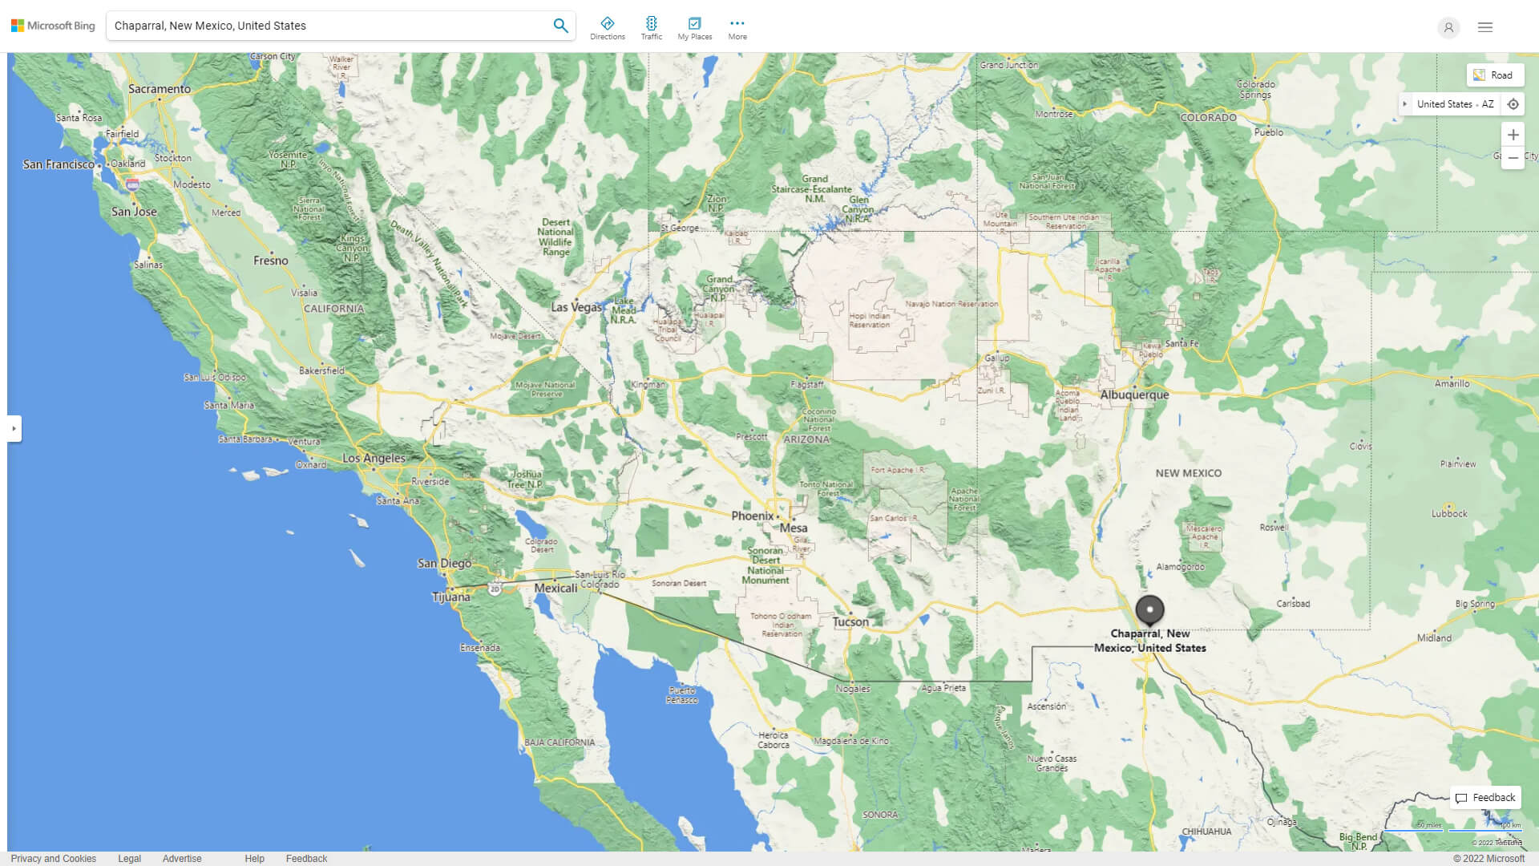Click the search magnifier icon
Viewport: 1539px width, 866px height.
(560, 26)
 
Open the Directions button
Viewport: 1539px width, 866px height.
(607, 28)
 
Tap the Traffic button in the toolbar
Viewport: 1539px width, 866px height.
(651, 28)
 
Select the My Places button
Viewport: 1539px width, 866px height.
(694, 28)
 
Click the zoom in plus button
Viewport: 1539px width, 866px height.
(1513, 135)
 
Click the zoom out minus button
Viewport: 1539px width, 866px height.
(1513, 158)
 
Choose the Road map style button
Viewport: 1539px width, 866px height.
(1494, 75)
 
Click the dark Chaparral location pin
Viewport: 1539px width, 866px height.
(1149, 610)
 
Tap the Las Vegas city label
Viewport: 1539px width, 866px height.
(576, 307)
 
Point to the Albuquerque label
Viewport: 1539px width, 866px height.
(1134, 395)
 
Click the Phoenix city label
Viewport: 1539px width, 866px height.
(752, 516)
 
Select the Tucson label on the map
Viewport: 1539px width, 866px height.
(850, 621)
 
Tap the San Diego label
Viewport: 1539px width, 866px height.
(444, 563)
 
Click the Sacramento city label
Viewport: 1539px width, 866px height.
(160, 89)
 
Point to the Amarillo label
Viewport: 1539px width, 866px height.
(1452, 383)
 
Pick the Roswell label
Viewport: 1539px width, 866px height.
(1274, 528)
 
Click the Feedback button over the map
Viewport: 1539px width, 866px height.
(1485, 798)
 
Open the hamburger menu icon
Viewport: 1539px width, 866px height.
(1484, 27)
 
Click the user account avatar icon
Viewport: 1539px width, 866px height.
(1448, 27)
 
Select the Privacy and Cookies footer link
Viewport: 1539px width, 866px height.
(54, 859)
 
